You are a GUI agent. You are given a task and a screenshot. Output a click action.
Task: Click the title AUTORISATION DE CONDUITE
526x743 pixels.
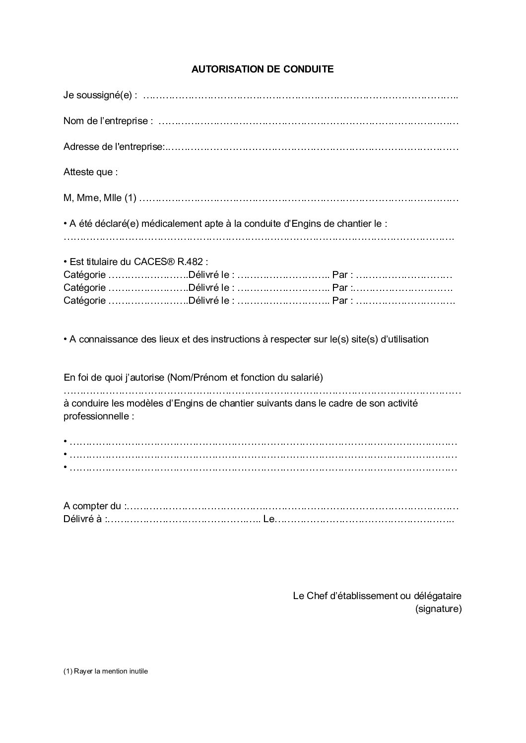263,69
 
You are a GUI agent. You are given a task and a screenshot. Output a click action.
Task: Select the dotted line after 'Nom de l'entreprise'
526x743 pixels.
308,121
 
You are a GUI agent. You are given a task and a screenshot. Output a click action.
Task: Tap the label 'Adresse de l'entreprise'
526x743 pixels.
113,147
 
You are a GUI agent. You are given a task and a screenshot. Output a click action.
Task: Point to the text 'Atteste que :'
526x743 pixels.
91,172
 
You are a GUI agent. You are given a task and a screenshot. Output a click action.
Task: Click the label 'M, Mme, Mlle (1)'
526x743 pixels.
100,198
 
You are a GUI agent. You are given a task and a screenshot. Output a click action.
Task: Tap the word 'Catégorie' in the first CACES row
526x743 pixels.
84,274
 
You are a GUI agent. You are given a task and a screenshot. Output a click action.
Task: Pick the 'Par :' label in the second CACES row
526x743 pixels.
343,287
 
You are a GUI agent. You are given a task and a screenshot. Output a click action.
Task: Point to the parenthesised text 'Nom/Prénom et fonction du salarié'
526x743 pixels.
245,377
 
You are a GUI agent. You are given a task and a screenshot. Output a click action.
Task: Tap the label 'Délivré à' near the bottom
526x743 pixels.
84,520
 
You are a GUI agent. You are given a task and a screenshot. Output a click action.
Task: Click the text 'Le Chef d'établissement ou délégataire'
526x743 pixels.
377,596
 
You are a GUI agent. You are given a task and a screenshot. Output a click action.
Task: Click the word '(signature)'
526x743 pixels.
438,608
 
